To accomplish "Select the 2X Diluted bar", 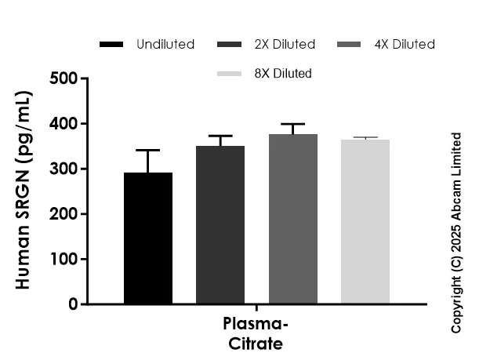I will (220, 224).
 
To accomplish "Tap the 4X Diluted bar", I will (292, 219).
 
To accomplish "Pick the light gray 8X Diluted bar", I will (365, 221).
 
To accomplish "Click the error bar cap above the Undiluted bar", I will (148, 150).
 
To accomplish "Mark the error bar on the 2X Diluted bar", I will (220, 136).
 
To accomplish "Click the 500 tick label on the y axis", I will (64, 78).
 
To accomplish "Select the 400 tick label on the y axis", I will (64, 124).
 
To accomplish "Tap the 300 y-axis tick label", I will (64, 169).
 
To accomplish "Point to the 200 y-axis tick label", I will (64, 214).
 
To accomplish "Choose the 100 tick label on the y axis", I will (64, 259).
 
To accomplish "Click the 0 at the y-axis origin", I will (73, 304).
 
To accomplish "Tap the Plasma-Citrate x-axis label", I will (256, 334).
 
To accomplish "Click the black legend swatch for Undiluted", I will (113, 45).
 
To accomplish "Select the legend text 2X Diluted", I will (285, 45).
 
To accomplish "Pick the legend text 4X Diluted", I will (405, 45).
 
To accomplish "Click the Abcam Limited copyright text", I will (457, 232).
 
